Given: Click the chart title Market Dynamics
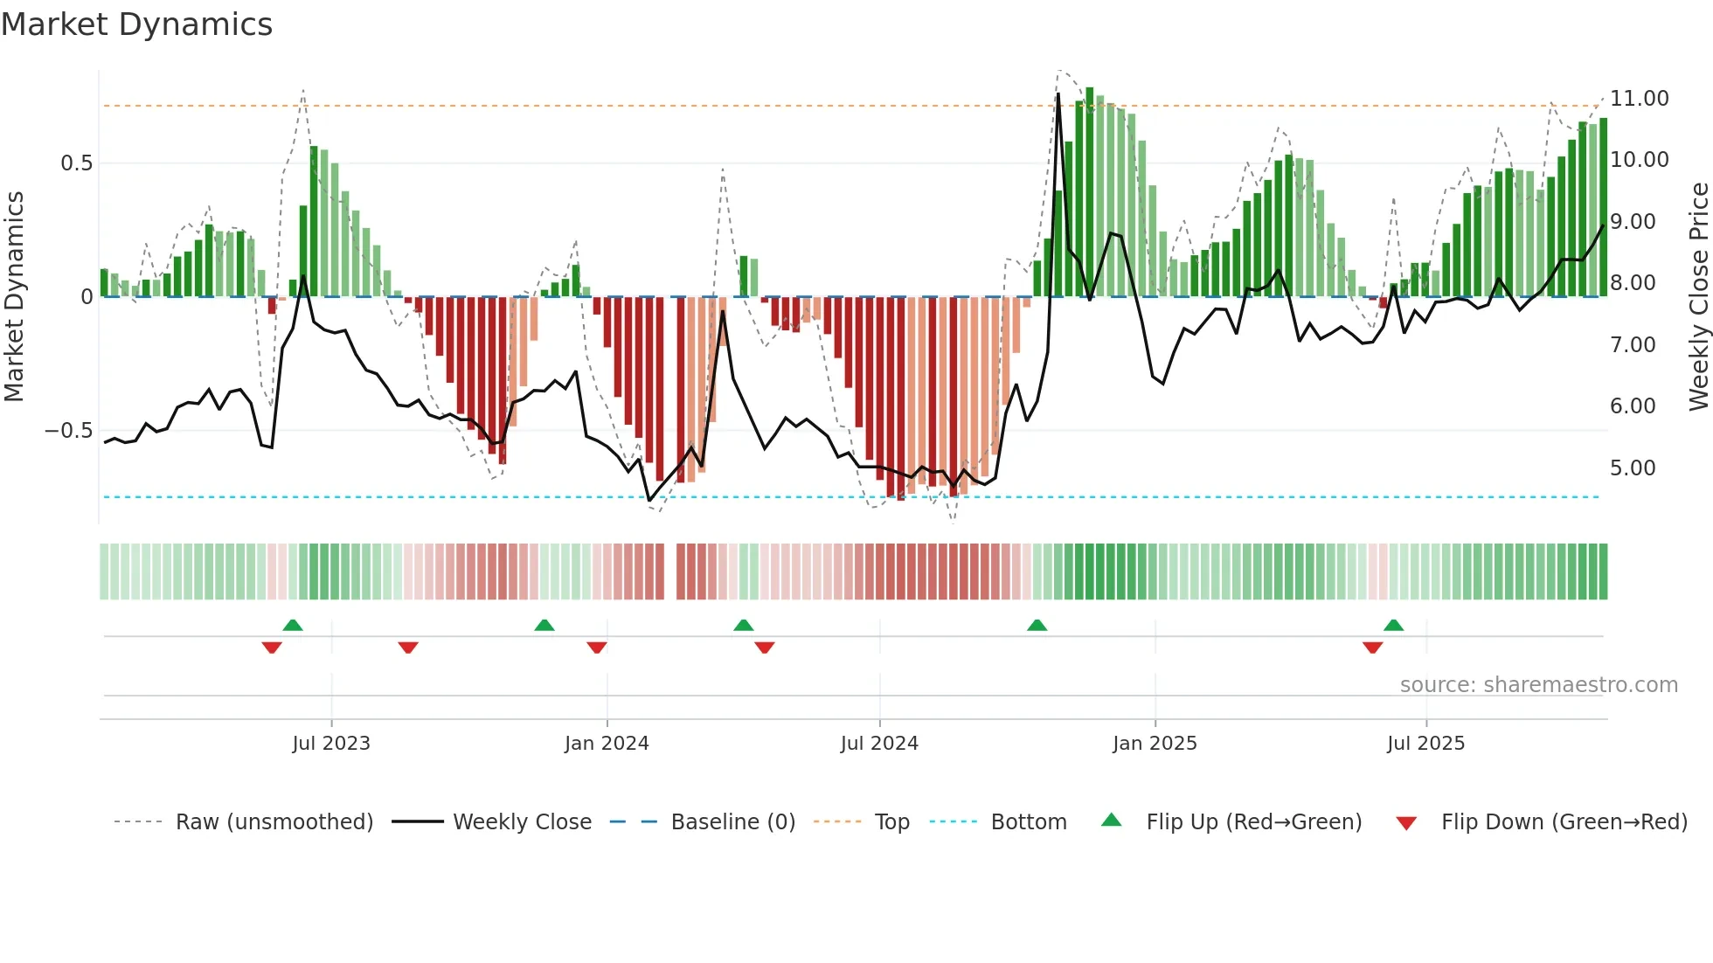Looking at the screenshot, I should (x=136, y=24).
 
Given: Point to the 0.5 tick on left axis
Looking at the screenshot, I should (x=76, y=163).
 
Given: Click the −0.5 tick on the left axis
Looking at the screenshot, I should (x=69, y=431).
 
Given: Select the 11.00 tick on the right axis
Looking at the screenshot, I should (x=1639, y=99).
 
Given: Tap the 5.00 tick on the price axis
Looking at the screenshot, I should (x=1632, y=468).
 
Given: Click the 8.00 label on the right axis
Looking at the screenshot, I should (x=1632, y=283).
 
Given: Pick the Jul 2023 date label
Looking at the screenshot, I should (x=331, y=744).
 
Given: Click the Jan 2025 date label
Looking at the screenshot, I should (x=1155, y=744).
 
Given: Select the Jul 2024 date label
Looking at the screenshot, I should (x=879, y=744).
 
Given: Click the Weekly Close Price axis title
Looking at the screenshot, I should (x=1698, y=296).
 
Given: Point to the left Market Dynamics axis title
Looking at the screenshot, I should (x=14, y=296).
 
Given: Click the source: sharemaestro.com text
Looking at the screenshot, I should (x=1538, y=685).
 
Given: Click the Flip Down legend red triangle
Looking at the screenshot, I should (x=1406, y=823).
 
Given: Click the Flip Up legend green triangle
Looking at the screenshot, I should (x=1111, y=820).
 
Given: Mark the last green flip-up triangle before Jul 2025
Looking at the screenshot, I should (x=1393, y=625).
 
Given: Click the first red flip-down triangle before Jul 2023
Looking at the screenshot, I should (x=272, y=648).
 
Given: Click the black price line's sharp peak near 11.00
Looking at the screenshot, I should (x=1058, y=94).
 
